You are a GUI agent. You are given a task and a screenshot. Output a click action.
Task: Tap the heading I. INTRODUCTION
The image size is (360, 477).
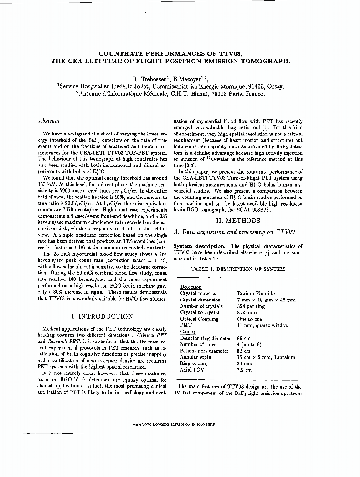pos(102,316)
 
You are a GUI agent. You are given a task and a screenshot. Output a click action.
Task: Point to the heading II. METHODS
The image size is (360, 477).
pos(237,221)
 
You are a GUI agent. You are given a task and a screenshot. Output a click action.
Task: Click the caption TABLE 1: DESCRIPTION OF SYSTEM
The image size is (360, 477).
pos(237,269)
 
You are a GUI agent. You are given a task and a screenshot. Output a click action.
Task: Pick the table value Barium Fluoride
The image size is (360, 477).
pos(256,294)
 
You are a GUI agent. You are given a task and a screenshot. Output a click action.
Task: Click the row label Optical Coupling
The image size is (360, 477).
pos(199,319)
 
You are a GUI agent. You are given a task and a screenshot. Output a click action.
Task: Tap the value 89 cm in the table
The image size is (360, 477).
pos(244,338)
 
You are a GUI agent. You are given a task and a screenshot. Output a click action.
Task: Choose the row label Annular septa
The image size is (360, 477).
pos(196,357)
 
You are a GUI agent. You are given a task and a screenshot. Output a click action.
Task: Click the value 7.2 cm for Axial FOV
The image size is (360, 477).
pos(244,370)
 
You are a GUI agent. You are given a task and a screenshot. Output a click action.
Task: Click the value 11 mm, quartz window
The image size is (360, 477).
pos(263,325)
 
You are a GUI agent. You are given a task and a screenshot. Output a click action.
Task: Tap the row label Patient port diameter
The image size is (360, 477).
pos(205,351)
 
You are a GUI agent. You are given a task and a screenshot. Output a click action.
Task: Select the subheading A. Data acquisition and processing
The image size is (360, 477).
pos(234,232)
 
